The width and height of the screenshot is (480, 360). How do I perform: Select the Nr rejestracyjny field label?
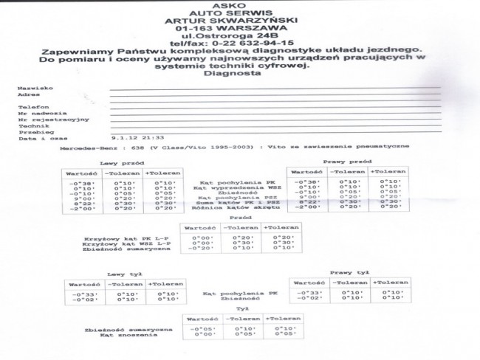[43, 119]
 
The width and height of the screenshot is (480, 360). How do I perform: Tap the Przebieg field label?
[30, 131]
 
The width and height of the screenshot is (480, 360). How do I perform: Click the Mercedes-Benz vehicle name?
[81, 148]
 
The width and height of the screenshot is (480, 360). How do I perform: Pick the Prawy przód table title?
[346, 161]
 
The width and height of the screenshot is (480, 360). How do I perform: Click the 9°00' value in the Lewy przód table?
[79, 198]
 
